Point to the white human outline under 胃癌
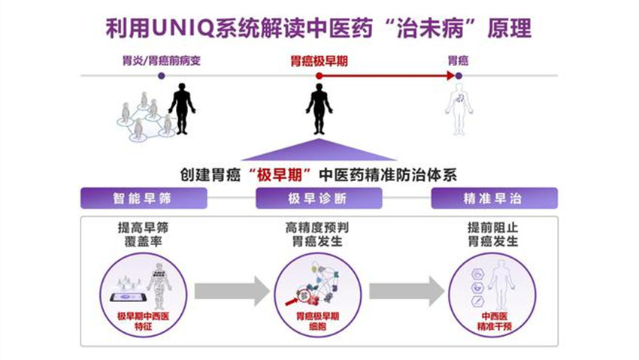pyautogui.click(x=459, y=110)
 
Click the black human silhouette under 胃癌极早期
pyautogui.click(x=319, y=110)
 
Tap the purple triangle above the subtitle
pyautogui.click(x=319, y=150)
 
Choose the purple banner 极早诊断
pyautogui.click(x=319, y=198)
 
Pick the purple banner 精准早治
pyautogui.click(x=494, y=198)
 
